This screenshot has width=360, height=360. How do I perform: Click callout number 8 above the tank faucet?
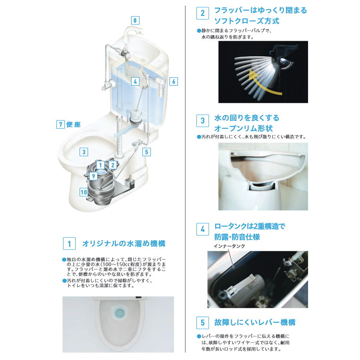pos(135,21)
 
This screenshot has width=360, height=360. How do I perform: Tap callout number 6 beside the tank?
pos(174,82)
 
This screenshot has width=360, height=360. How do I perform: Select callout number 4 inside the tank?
pos(135,82)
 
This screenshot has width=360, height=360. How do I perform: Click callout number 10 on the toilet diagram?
pos(84,192)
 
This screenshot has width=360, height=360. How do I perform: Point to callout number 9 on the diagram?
pos(93,176)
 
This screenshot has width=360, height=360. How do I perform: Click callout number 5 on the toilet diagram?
pos(146,152)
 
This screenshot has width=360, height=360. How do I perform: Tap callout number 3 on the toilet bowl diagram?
pos(84,152)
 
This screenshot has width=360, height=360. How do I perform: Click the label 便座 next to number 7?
pos(74,124)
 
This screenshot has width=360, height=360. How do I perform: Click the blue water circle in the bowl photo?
pos(119,313)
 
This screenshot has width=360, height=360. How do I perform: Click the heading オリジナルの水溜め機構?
pos(124,243)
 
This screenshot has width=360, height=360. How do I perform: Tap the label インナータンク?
pos(229,246)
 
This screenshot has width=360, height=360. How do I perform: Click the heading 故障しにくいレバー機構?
pos(255,322)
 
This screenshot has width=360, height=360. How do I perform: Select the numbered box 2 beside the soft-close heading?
pos(202,13)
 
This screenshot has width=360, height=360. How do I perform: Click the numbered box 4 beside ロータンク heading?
pos(202,229)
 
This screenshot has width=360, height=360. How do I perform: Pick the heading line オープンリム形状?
pos(244,128)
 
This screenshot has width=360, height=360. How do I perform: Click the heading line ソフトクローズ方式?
pos(247,21)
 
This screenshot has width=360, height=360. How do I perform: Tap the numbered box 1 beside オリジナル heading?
pos(69,243)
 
